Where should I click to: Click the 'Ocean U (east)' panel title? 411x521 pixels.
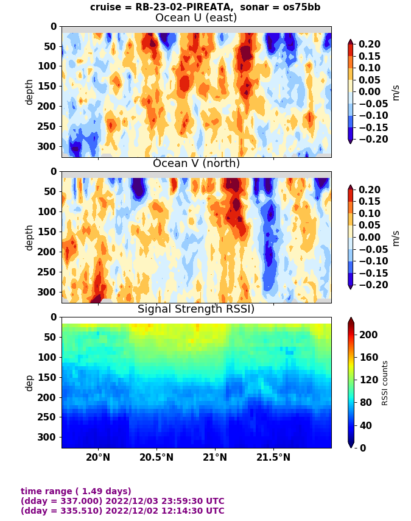196,18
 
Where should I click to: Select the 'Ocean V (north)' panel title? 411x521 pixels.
196,163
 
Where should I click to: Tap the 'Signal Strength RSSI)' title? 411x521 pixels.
196,309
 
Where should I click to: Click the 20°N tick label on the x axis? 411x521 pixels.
97,458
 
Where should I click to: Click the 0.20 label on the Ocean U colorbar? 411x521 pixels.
377,44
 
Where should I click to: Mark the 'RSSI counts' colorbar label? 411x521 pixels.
385,383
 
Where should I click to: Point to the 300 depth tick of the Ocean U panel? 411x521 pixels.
49,146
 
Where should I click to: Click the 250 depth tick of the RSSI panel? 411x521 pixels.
49,417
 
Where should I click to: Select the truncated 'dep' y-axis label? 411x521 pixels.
29,383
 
